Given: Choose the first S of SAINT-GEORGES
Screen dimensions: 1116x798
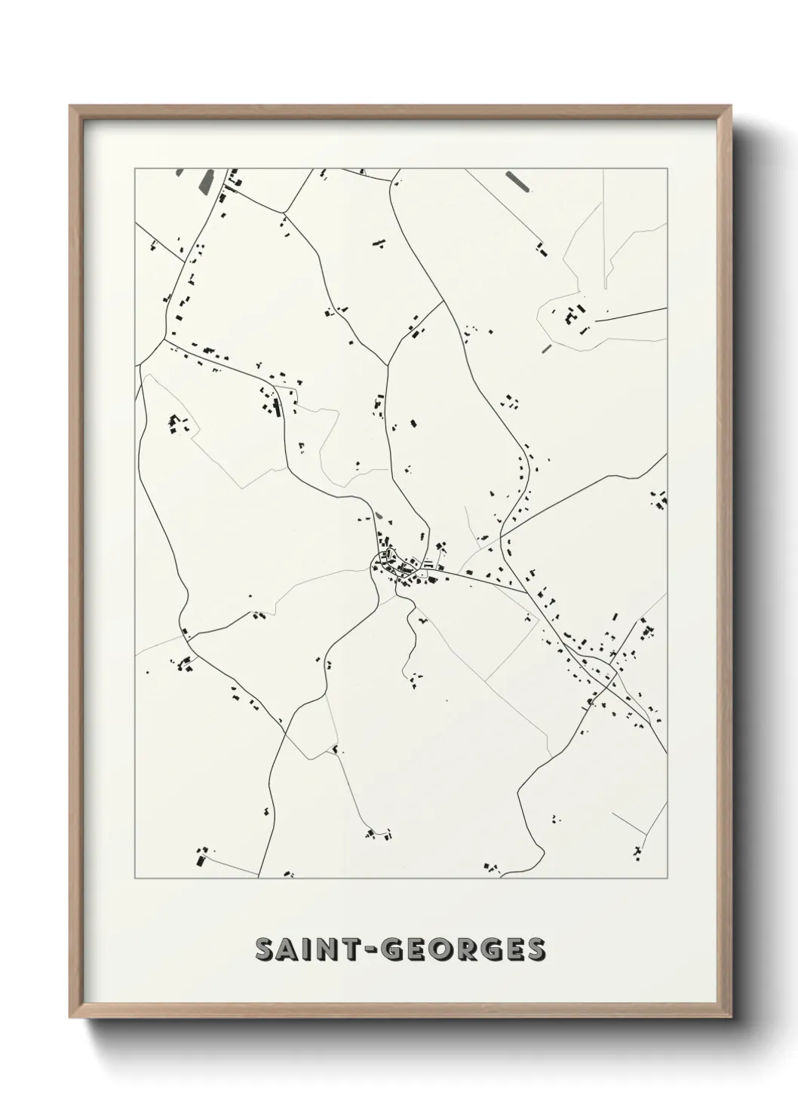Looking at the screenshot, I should pyautogui.click(x=266, y=949).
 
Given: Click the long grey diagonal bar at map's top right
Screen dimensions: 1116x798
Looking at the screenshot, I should pyautogui.click(x=517, y=180).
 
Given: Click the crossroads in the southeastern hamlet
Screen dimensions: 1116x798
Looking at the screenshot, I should pyautogui.click(x=611, y=668).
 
